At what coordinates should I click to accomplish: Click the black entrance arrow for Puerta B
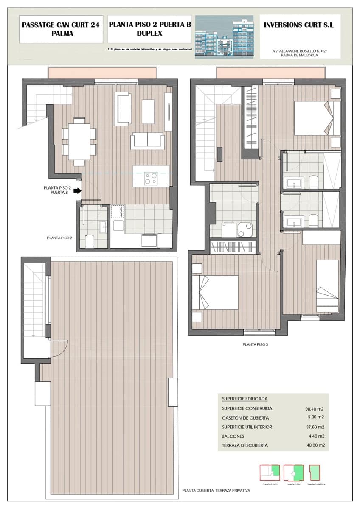coord(77,191)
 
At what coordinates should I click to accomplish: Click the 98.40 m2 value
coord(315,409)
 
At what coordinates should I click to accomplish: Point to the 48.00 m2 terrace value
coord(315,445)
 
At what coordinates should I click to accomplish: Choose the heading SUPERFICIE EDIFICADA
coord(245,399)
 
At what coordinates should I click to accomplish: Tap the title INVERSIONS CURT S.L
coord(298,25)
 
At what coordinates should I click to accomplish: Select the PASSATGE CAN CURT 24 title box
coord(61,29)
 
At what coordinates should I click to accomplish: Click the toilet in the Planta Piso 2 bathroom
coord(90,241)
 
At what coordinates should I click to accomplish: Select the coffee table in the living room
coord(148,111)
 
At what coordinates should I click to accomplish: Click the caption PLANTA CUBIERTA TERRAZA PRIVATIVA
coord(216,490)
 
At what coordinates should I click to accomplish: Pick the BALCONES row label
coord(233,436)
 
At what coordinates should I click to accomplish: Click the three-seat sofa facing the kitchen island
coord(147,141)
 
